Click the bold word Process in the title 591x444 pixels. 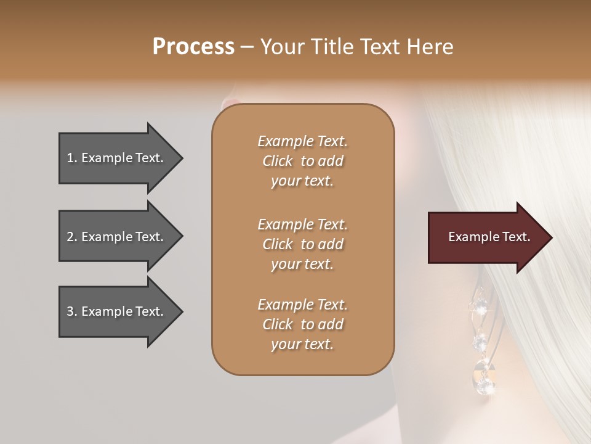coord(193,47)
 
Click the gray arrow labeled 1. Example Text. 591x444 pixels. coord(117,158)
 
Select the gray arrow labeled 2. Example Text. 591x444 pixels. coord(117,237)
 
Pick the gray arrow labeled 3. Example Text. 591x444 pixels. coord(117,311)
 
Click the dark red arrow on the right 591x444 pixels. coord(486,237)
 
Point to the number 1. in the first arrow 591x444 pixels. coord(72,158)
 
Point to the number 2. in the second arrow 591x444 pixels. coord(72,237)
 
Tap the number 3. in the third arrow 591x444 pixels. coord(72,311)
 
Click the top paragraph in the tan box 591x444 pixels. coord(303,161)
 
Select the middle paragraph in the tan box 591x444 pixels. coord(303,244)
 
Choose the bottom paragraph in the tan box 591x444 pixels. coord(303,324)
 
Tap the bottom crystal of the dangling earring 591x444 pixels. coord(486,386)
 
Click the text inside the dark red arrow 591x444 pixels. coord(489,237)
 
